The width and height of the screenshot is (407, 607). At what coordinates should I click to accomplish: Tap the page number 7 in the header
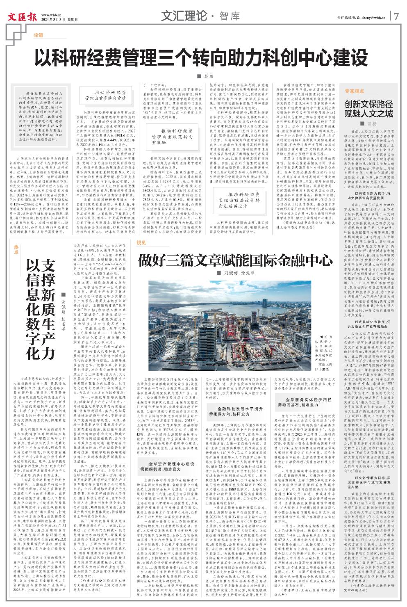pyautogui.click(x=396, y=17)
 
